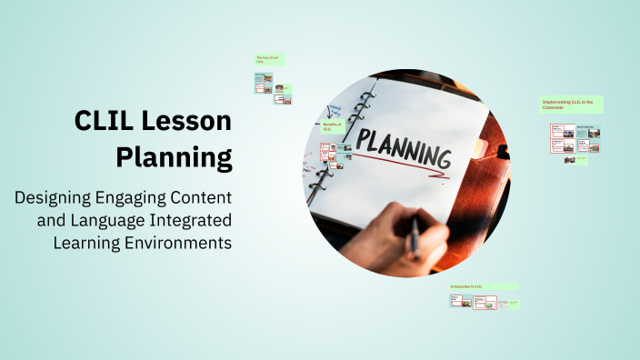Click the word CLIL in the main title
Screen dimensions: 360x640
pos(102,122)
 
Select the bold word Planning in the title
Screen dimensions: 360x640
pos(174,157)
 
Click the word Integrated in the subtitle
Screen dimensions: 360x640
pos(191,220)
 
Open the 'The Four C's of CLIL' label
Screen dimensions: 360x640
pos(269,59)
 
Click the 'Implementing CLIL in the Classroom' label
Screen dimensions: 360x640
pos(572,105)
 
